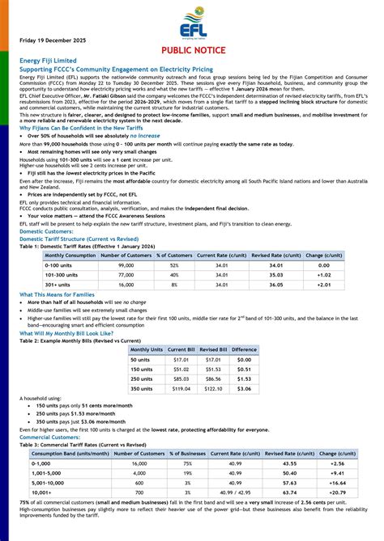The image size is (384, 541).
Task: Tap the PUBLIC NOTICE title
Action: pyautogui.click(x=191, y=49)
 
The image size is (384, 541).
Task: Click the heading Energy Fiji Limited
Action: pyautogui.click(x=49, y=61)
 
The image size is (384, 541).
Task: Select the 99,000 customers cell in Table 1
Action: pyautogui.click(x=126, y=265)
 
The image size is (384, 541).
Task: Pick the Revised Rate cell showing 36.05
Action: pyautogui.click(x=276, y=285)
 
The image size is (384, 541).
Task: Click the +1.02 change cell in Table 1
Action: pyautogui.click(x=323, y=275)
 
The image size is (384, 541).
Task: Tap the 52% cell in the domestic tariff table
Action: pyautogui.click(x=173, y=265)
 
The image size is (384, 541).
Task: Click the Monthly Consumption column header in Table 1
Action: pyautogui.click(x=58, y=256)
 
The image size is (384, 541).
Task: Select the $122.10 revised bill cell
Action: pyautogui.click(x=213, y=389)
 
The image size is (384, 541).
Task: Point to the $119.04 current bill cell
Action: pyautogui.click(x=181, y=389)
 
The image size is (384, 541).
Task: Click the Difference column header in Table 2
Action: pyautogui.click(x=244, y=349)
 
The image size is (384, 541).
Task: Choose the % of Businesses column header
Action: pyautogui.click(x=187, y=454)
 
